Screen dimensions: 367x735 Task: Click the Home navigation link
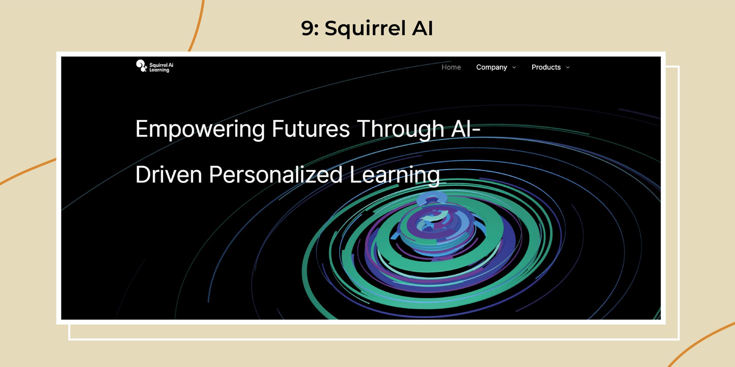(x=451, y=67)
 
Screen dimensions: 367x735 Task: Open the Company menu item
(x=491, y=67)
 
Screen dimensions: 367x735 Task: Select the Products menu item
(x=546, y=67)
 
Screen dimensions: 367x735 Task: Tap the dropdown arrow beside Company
(x=514, y=68)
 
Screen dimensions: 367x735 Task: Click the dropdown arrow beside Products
(x=568, y=68)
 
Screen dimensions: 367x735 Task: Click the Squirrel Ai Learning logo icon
(x=141, y=66)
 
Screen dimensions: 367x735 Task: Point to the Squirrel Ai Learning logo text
(x=161, y=68)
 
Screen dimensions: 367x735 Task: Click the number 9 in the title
(x=308, y=29)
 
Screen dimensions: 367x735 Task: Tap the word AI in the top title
(x=422, y=28)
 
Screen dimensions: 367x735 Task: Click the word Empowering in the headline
(x=200, y=129)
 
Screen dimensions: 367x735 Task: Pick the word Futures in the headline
(x=311, y=129)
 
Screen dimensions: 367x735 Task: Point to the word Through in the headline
(x=401, y=129)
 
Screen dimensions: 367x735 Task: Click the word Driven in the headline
(x=169, y=174)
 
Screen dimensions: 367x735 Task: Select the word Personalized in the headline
(x=276, y=174)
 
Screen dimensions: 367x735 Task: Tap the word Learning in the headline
(x=394, y=175)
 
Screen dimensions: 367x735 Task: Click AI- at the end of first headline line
(x=466, y=129)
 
